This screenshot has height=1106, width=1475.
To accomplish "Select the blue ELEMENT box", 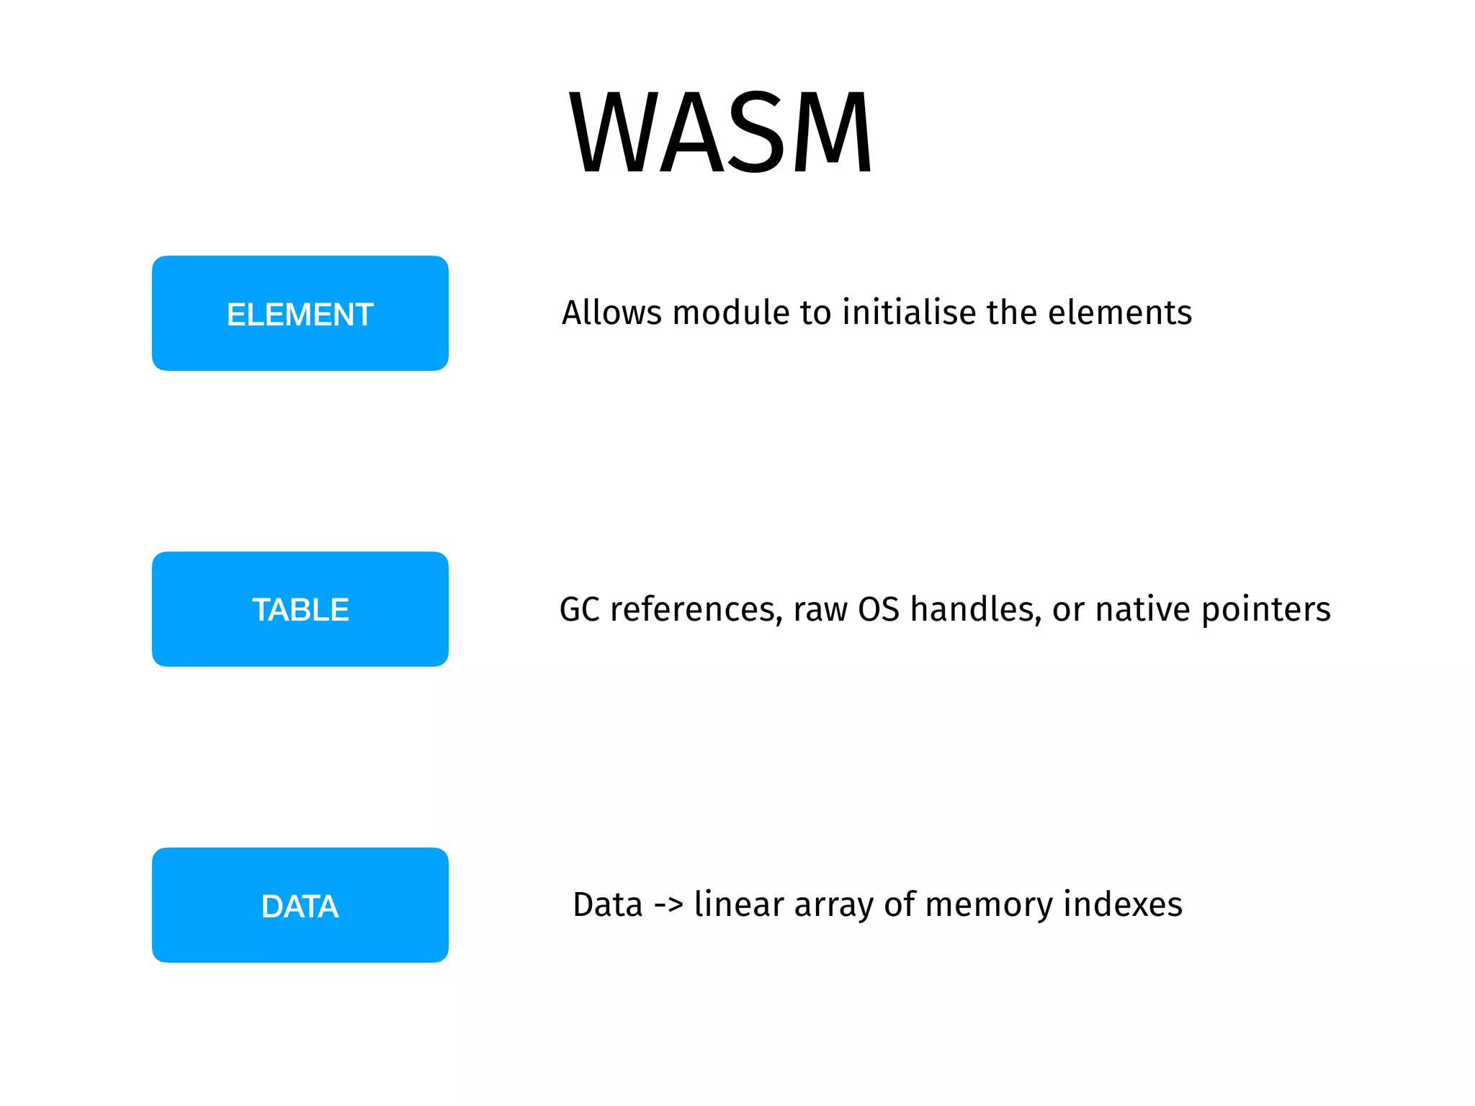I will coord(300,313).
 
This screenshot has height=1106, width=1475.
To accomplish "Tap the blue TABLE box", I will coord(300,609).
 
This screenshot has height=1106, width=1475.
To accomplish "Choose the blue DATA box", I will coord(300,905).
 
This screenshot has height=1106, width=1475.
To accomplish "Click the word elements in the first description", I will coord(1120,313).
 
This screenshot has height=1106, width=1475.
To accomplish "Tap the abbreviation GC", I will coord(580,609).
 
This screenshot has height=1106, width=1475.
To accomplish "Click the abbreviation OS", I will coord(879,609).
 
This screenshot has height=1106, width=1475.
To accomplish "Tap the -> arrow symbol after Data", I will coord(668,905).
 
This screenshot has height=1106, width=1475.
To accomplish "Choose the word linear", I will coord(739,905).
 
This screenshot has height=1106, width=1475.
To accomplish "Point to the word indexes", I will coord(1123,905).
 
